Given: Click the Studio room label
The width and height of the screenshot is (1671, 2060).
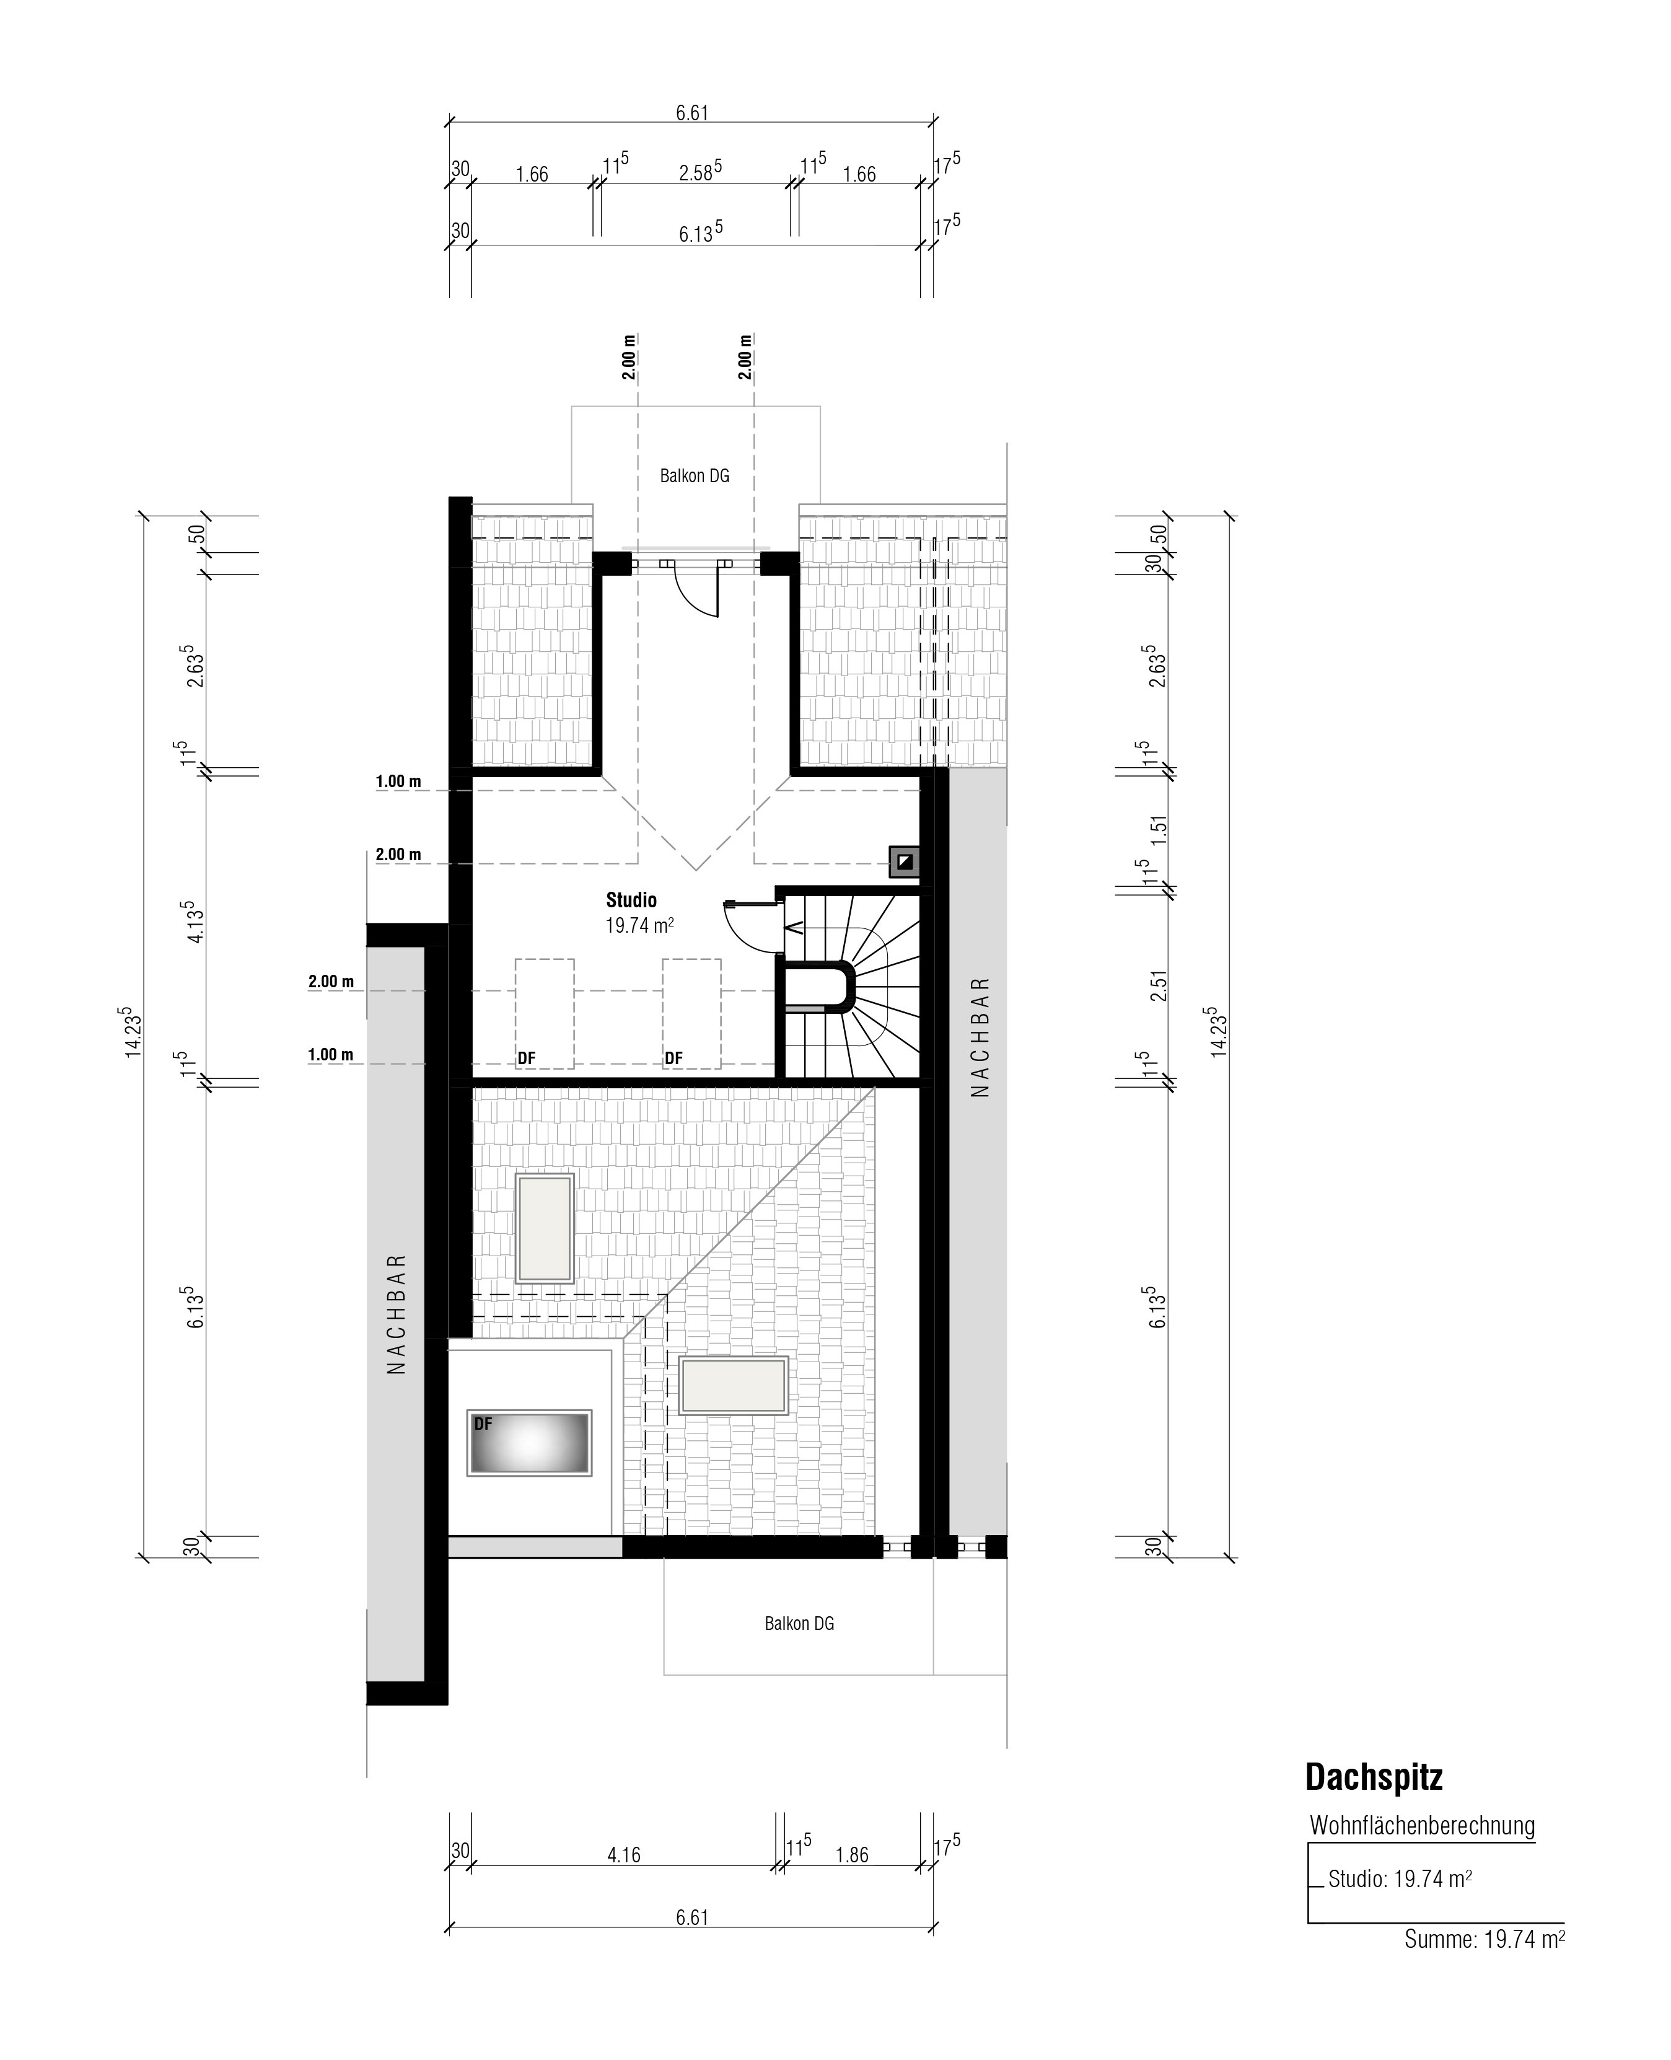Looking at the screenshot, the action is (x=631, y=900).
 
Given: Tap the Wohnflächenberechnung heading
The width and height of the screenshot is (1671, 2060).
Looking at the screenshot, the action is (x=1422, y=1826).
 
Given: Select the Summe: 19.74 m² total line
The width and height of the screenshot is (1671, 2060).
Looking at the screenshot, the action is (x=1485, y=1940).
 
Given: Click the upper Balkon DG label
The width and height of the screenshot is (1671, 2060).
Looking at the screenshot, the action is (x=694, y=475).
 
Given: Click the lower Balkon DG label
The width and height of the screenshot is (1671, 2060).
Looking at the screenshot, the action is (x=799, y=1623).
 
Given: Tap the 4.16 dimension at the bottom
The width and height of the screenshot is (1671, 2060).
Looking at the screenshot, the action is (x=624, y=1855).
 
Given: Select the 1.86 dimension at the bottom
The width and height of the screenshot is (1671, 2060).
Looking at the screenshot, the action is (x=852, y=1855).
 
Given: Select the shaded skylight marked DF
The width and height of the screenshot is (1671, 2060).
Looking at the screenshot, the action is (x=529, y=1443).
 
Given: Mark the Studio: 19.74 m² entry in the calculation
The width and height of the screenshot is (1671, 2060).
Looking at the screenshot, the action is (x=1400, y=1878).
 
